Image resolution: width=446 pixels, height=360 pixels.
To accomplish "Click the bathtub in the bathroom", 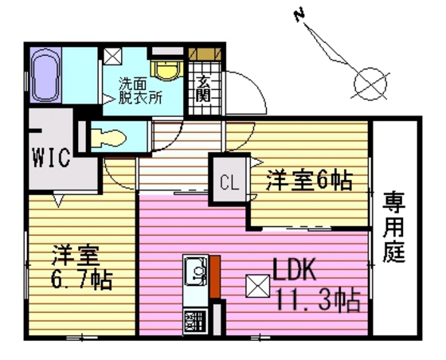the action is [x=45, y=75].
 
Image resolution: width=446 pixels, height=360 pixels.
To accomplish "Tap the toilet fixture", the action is [x=108, y=139].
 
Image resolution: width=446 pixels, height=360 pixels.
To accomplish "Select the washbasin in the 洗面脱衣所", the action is [x=167, y=69].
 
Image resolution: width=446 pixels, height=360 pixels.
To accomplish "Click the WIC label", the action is [x=52, y=157].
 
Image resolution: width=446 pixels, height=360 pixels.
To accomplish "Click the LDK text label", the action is [x=295, y=269].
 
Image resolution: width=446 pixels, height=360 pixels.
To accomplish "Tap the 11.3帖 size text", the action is [x=318, y=300].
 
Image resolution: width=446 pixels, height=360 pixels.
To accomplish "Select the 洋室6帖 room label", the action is [x=309, y=179].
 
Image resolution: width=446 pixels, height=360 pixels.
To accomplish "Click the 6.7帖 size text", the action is [x=81, y=280].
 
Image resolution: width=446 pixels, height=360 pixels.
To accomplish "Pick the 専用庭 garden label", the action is [x=394, y=227].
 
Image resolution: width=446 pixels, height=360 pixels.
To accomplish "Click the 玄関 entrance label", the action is [x=203, y=89].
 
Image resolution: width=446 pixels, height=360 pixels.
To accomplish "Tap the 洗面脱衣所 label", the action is [x=140, y=91].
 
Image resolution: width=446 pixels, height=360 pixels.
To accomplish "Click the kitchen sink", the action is [x=196, y=271].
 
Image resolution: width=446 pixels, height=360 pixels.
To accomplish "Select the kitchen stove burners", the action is [x=195, y=321].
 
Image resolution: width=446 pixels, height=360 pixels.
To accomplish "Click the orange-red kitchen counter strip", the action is [x=215, y=276].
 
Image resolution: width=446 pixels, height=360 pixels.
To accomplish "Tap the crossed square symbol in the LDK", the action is [x=258, y=286].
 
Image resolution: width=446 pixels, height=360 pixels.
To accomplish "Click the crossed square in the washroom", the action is [x=112, y=56].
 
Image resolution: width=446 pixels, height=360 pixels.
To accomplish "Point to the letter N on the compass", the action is [x=299, y=16].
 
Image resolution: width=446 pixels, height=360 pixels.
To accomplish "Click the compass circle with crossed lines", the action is [x=370, y=84].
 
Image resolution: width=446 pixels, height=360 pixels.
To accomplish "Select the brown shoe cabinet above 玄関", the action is [x=205, y=53].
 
